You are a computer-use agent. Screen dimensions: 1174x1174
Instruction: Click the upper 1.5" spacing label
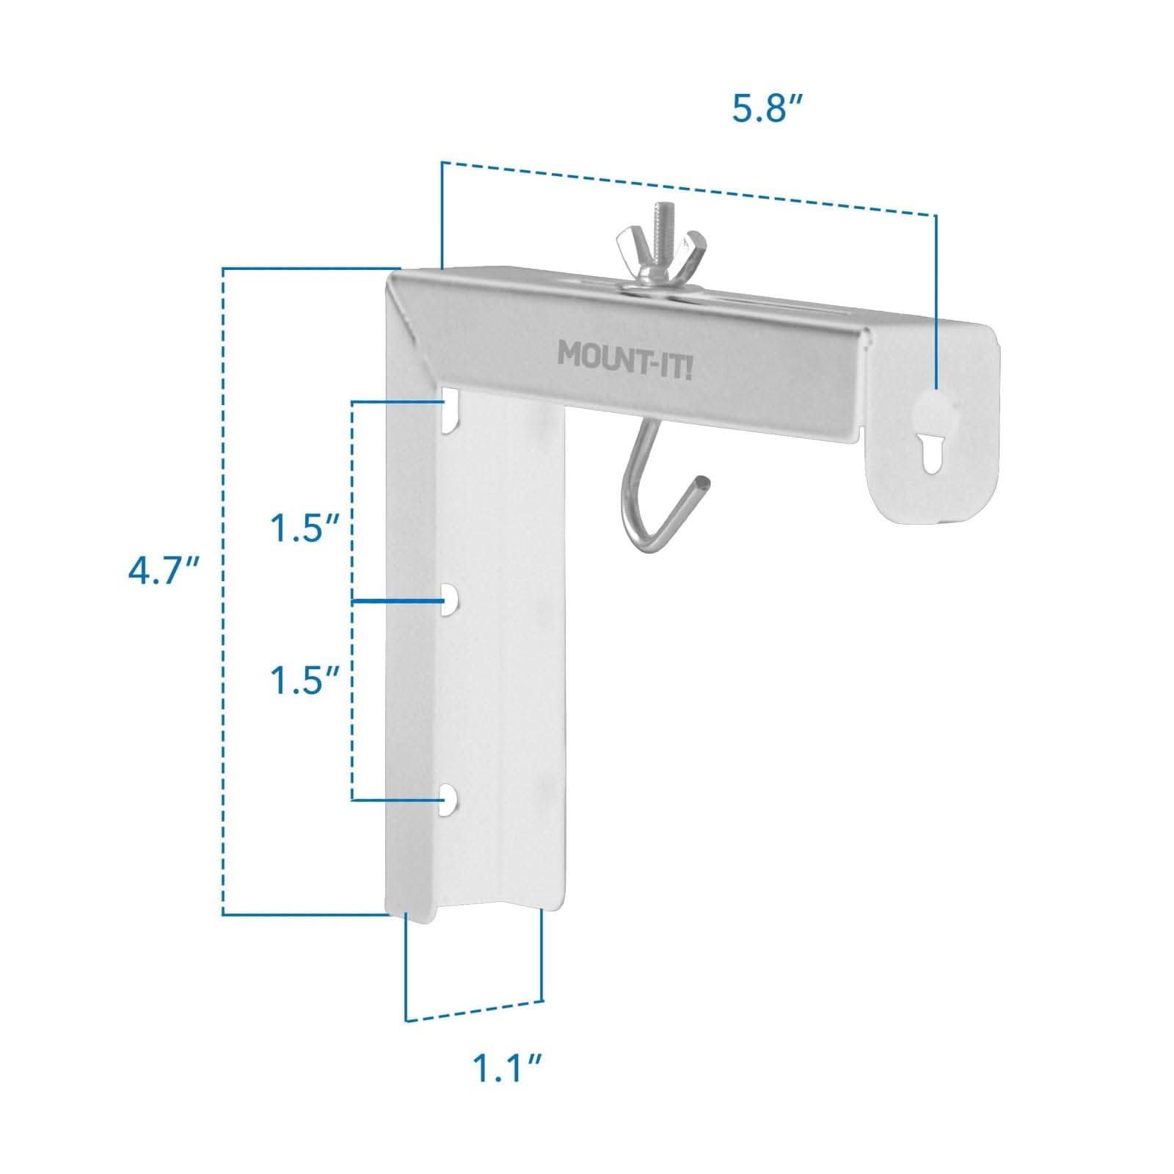tap(305, 528)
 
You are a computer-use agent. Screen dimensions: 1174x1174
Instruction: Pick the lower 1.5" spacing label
tap(305, 681)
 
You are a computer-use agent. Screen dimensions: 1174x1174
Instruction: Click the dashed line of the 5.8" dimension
tap(690, 188)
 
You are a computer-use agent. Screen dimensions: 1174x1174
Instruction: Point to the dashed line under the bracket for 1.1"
tap(474, 1010)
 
